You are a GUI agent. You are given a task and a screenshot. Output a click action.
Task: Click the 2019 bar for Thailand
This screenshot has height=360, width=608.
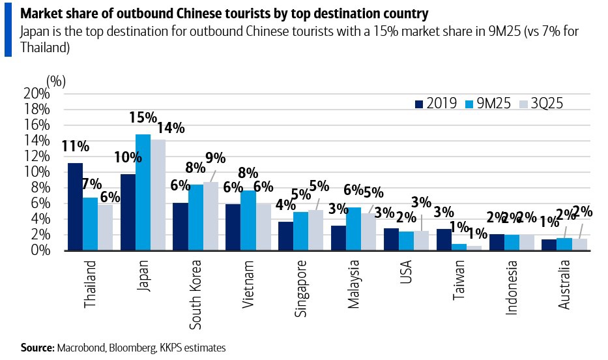tap(75, 207)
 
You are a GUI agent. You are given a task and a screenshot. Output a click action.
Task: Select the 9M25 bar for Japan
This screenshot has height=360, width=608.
tap(143, 192)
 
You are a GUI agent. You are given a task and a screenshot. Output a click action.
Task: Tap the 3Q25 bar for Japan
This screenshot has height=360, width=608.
tap(158, 195)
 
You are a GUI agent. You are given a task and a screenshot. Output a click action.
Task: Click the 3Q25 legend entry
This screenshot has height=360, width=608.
tap(534, 103)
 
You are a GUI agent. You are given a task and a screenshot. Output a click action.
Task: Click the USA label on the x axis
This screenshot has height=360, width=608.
tap(406, 273)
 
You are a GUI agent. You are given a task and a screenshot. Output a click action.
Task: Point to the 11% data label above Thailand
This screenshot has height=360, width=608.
tap(75, 147)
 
